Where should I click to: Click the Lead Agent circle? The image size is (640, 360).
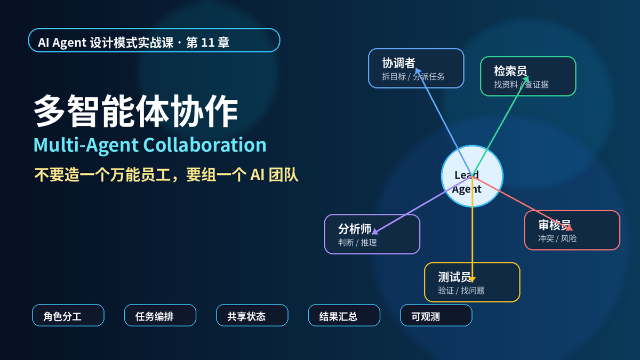472,176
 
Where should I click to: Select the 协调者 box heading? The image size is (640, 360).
398,63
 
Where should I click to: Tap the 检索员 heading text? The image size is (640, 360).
510,71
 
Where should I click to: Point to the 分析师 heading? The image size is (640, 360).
355,229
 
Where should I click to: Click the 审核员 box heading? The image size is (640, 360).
555,225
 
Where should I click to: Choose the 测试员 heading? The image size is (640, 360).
454,277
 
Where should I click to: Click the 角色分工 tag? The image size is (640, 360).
68,315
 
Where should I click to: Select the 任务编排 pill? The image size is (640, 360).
160,315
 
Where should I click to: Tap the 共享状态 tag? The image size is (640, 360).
252,315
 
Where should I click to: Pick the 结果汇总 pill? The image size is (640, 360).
344,315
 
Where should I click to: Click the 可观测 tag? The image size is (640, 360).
436,315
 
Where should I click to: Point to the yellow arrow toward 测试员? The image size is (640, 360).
473,229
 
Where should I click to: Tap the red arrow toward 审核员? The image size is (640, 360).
522,203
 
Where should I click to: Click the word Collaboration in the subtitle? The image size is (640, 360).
205,145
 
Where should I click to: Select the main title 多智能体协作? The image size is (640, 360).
135,111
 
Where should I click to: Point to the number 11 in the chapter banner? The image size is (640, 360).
207,43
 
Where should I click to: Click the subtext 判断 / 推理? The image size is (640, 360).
357,243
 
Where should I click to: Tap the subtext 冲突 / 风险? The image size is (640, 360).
557,238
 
